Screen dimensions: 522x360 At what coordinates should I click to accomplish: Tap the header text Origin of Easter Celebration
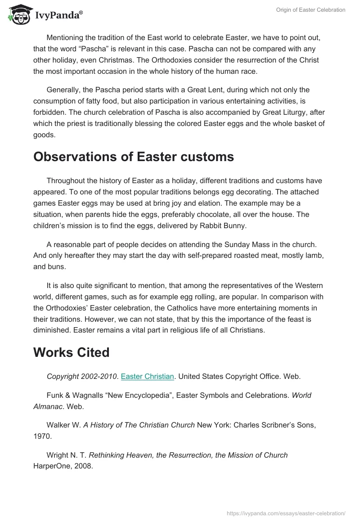[x=310, y=10]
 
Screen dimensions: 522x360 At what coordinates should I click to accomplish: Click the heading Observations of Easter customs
[x=134, y=157]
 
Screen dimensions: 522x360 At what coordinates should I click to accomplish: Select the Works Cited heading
[x=71, y=352]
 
